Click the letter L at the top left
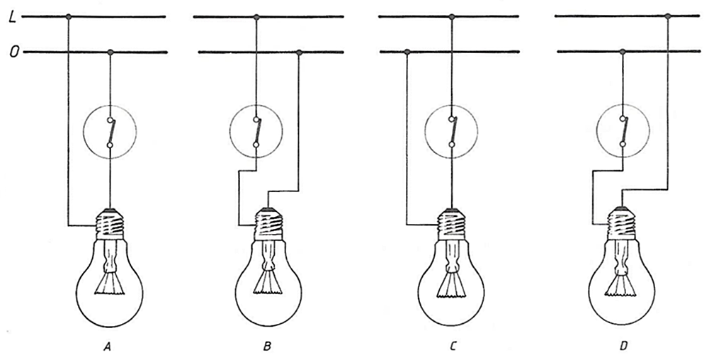[x=12, y=16]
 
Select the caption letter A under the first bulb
[x=108, y=347]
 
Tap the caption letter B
[x=267, y=347]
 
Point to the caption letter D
[x=623, y=347]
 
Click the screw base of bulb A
[x=110, y=223]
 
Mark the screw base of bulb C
[x=450, y=223]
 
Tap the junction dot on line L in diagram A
[x=68, y=16]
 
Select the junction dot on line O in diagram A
[x=110, y=52]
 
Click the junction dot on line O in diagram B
[x=300, y=52]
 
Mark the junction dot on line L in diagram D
[x=667, y=16]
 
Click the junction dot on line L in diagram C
[x=450, y=16]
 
